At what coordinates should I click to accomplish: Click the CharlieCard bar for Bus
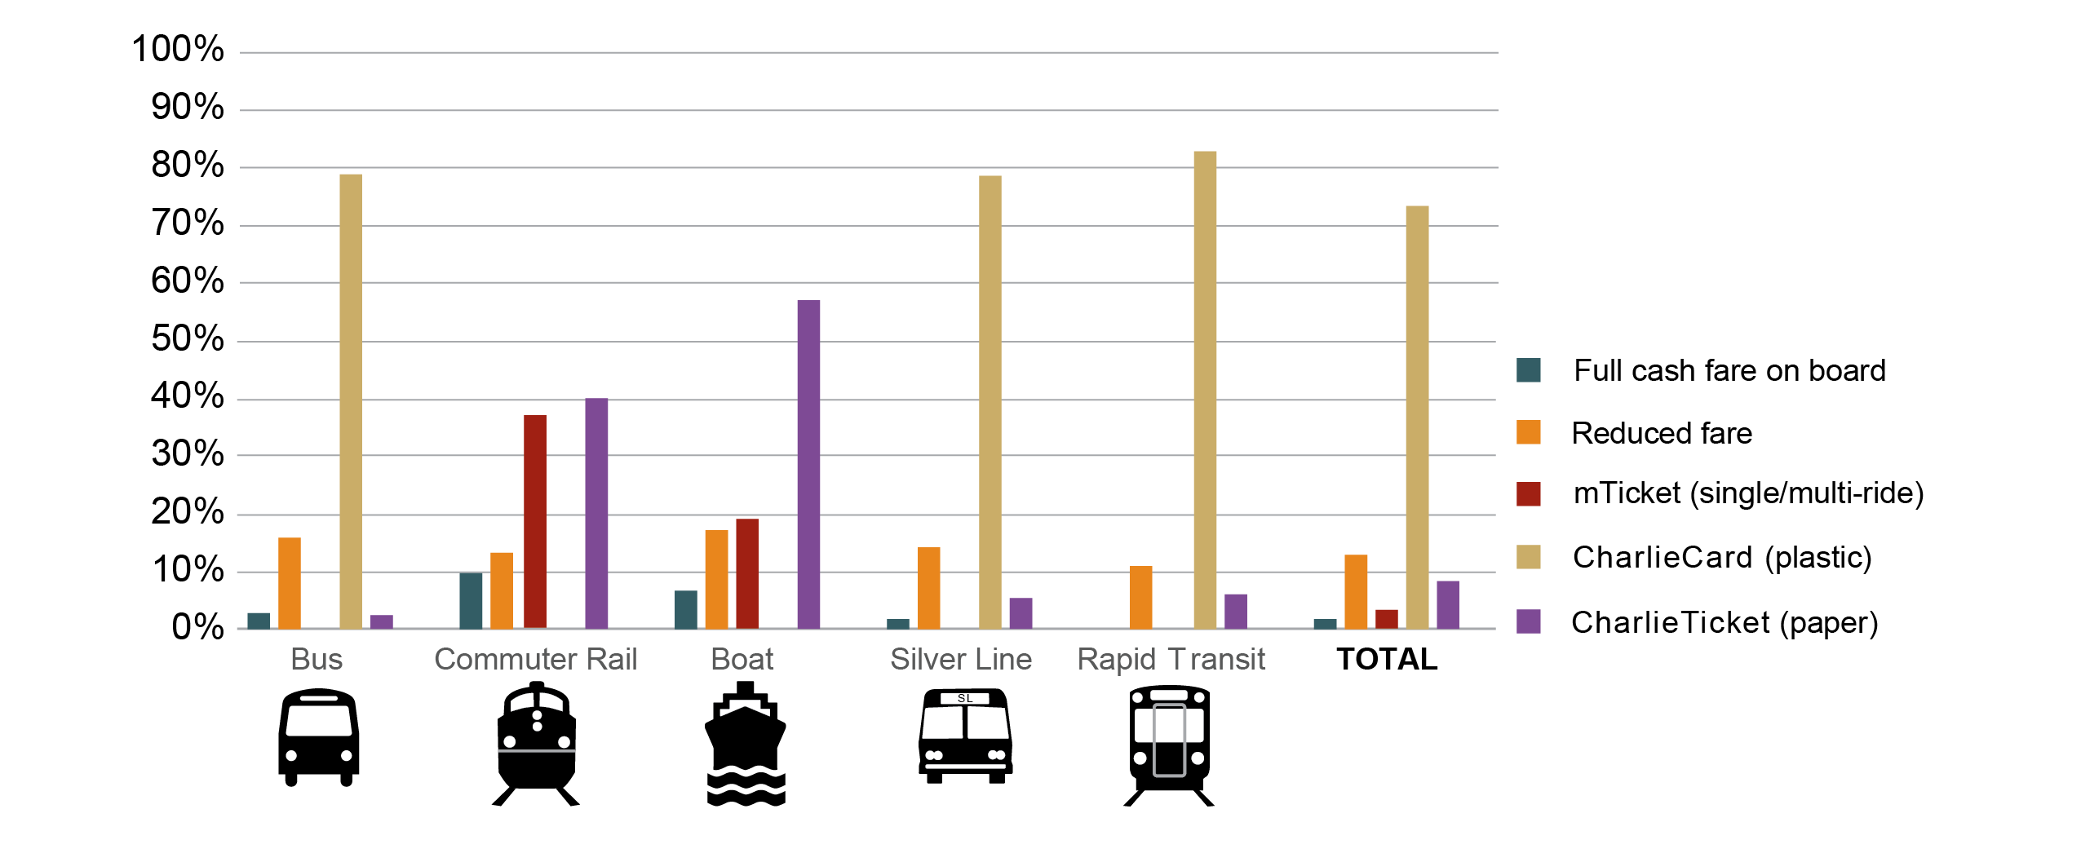(351, 400)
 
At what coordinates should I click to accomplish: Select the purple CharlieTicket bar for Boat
(808, 464)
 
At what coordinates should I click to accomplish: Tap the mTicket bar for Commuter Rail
(535, 521)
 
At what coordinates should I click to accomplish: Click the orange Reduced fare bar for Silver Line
(929, 587)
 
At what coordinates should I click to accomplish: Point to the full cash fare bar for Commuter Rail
(471, 600)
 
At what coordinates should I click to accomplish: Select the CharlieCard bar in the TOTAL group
(1417, 417)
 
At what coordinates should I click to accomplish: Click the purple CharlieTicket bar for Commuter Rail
(596, 513)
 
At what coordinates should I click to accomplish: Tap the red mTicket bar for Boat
(747, 572)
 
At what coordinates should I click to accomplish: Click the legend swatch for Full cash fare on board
(1529, 370)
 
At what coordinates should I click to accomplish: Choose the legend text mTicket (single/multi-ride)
(1748, 493)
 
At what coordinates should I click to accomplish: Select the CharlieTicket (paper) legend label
(1725, 622)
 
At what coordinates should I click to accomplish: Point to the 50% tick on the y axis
(187, 338)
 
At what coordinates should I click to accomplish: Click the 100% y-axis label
(178, 49)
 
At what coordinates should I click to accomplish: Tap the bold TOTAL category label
(1387, 659)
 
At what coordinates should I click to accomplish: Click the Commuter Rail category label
(535, 659)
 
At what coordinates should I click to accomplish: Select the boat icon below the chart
(746, 745)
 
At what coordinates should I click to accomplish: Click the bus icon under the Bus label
(319, 737)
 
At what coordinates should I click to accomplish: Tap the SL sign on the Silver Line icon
(965, 698)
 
